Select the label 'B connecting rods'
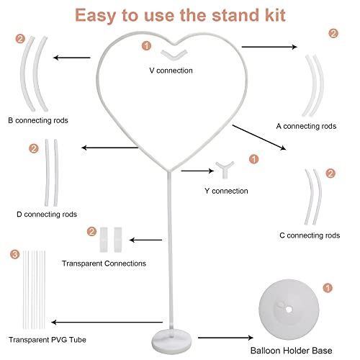point(38,120)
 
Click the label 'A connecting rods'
point(306,126)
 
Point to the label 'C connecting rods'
point(310,235)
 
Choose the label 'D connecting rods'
point(47,214)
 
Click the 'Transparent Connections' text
point(104,264)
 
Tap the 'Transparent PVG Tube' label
point(48,340)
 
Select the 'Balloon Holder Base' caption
point(291,351)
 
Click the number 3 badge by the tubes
point(15,254)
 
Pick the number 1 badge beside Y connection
point(253,159)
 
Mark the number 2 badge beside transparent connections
point(91,232)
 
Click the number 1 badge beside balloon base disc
point(328,288)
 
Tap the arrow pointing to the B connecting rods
point(72,58)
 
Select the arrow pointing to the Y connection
point(197,171)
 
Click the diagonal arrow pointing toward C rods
point(259,138)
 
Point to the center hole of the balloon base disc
point(289,310)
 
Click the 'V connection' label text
point(171,71)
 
